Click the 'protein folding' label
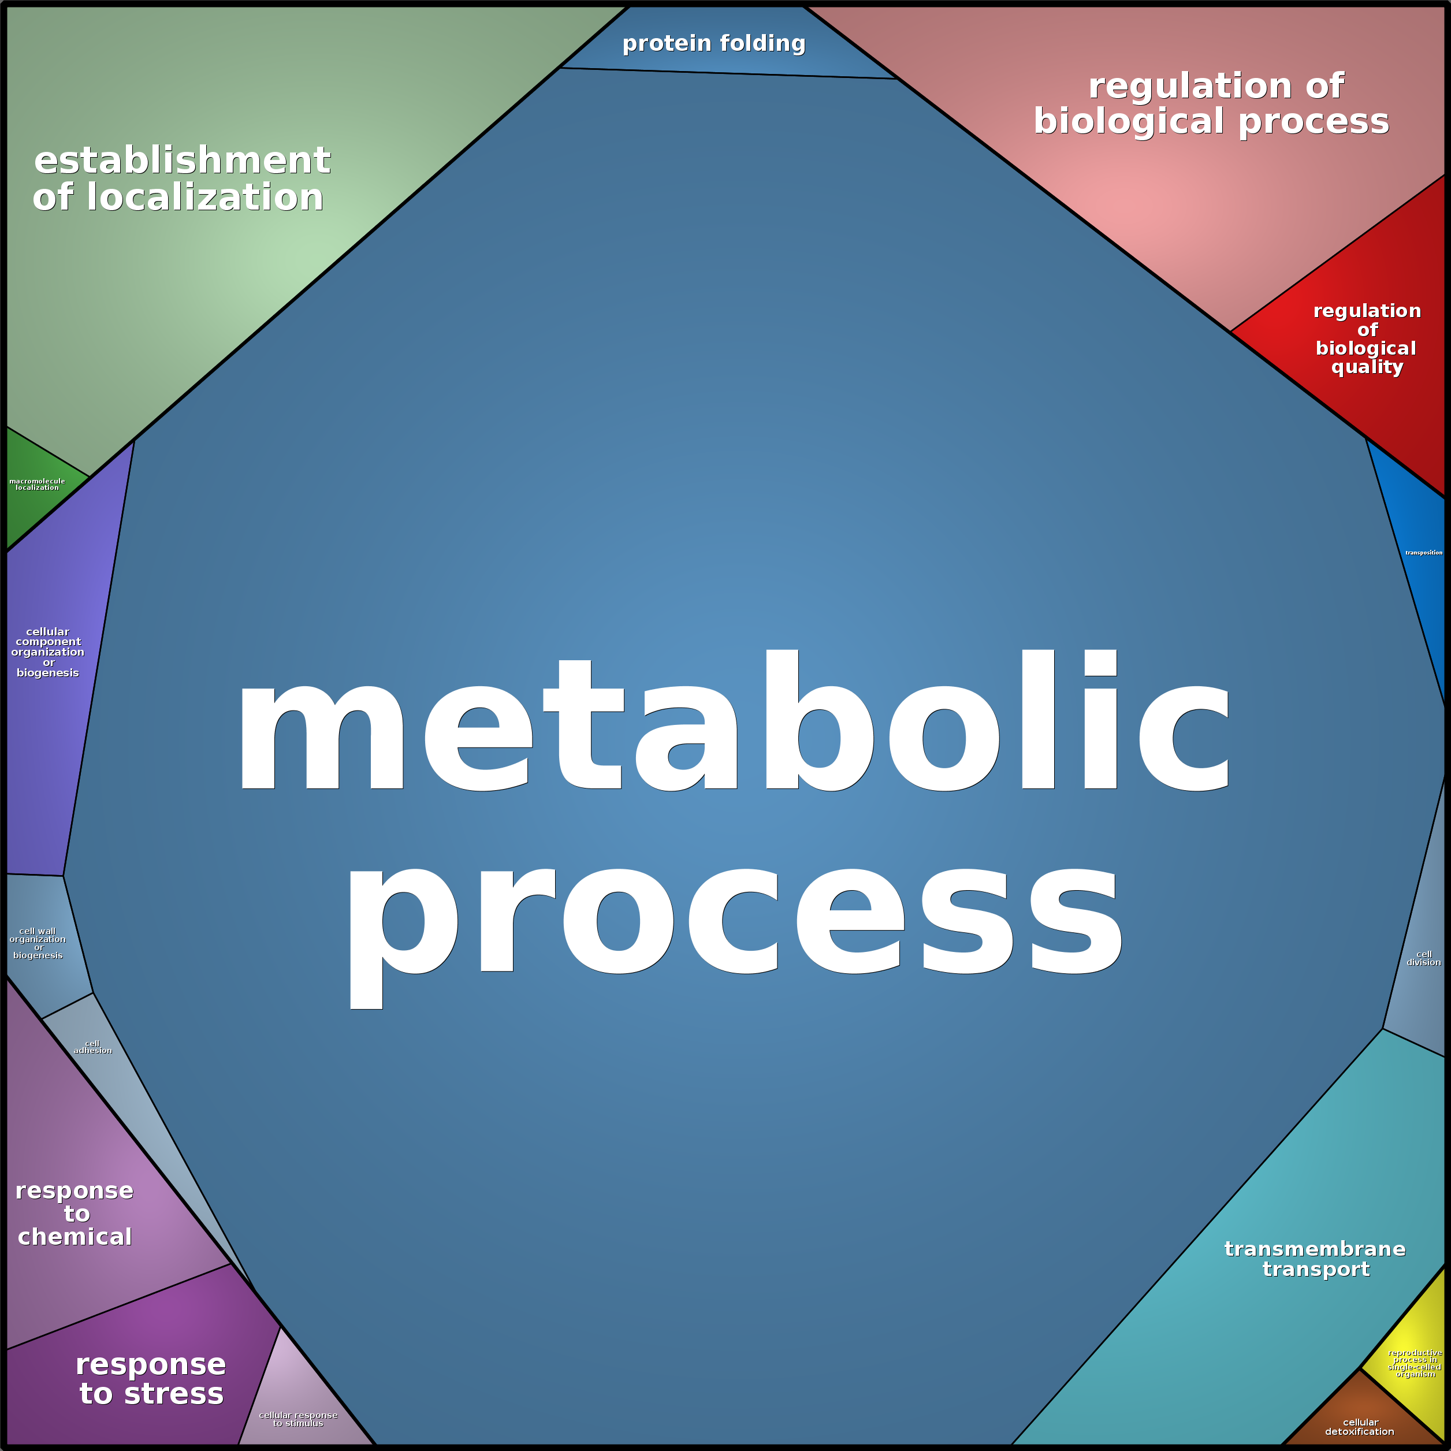point(713,43)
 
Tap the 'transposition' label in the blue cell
point(1423,553)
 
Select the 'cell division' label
point(1423,958)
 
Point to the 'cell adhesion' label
point(92,1047)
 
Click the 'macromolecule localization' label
point(37,485)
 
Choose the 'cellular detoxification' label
point(1359,1427)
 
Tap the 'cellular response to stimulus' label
point(298,1419)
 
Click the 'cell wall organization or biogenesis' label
point(38,943)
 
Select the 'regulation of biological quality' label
point(1367,338)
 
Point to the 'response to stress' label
point(151,1379)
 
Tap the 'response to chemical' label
point(75,1214)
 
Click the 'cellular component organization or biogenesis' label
point(47,652)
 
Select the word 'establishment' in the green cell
point(182,161)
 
